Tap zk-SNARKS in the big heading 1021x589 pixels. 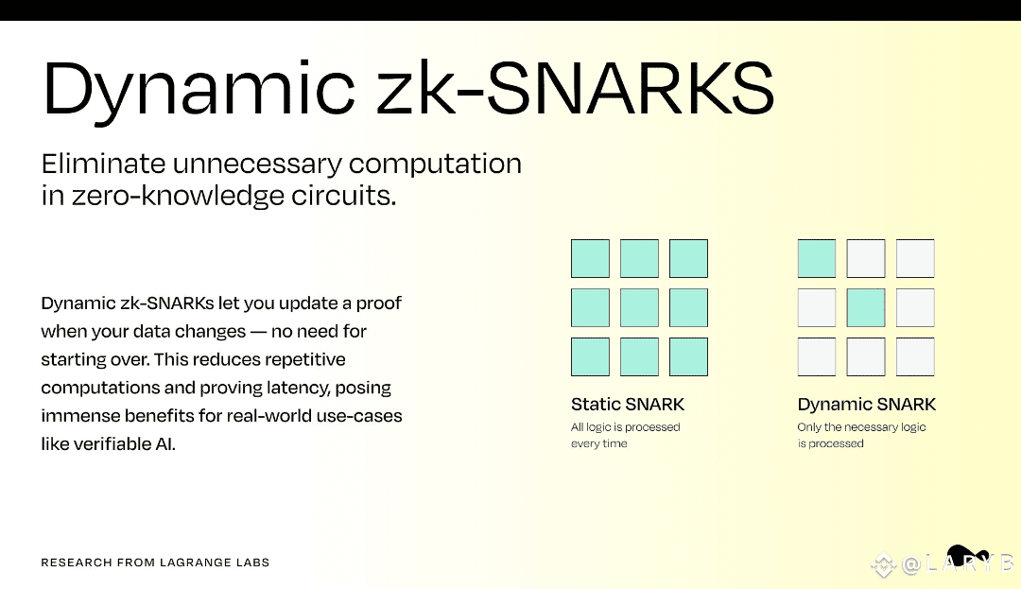(576, 88)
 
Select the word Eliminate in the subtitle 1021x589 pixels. (103, 164)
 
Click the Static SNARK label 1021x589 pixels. (628, 404)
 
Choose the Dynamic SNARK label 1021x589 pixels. (867, 404)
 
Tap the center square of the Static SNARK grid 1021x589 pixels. (639, 307)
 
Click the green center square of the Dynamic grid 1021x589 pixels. (866, 307)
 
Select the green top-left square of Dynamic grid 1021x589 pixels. (817, 258)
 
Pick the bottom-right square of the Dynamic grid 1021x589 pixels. (915, 356)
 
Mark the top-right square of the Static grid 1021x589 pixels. (688, 258)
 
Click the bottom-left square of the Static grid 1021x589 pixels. (591, 356)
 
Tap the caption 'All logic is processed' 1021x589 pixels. (625, 427)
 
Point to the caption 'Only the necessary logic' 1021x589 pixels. (861, 427)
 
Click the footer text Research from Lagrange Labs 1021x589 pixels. (155, 563)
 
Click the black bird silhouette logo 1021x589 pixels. (966, 555)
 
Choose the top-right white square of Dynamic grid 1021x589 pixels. (915, 258)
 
